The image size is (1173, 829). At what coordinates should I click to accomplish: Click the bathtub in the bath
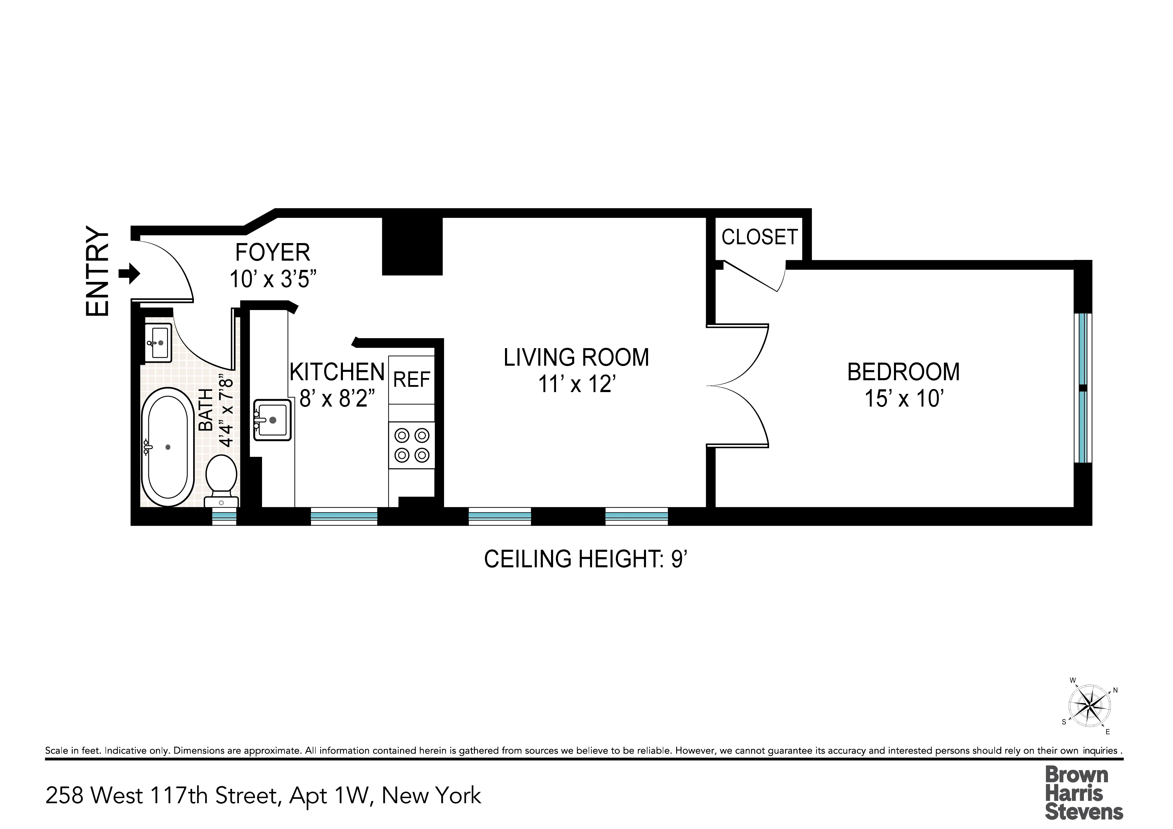pos(168,447)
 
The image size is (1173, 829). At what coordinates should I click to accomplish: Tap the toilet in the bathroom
pos(221,478)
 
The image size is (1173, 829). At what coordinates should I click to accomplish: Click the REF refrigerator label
pos(411,379)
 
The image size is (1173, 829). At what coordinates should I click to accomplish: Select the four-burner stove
pos(411,445)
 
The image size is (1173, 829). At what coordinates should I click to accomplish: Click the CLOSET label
pos(759,237)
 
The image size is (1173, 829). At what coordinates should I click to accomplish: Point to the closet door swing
pos(756,277)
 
